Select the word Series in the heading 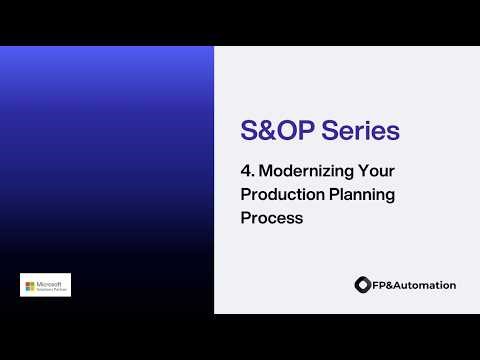click(x=362, y=131)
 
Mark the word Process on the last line click(x=271, y=217)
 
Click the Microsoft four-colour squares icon click(x=30, y=285)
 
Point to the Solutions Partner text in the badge click(x=51, y=289)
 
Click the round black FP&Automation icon click(x=362, y=285)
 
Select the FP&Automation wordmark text click(x=414, y=285)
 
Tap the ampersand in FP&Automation click(x=390, y=285)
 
